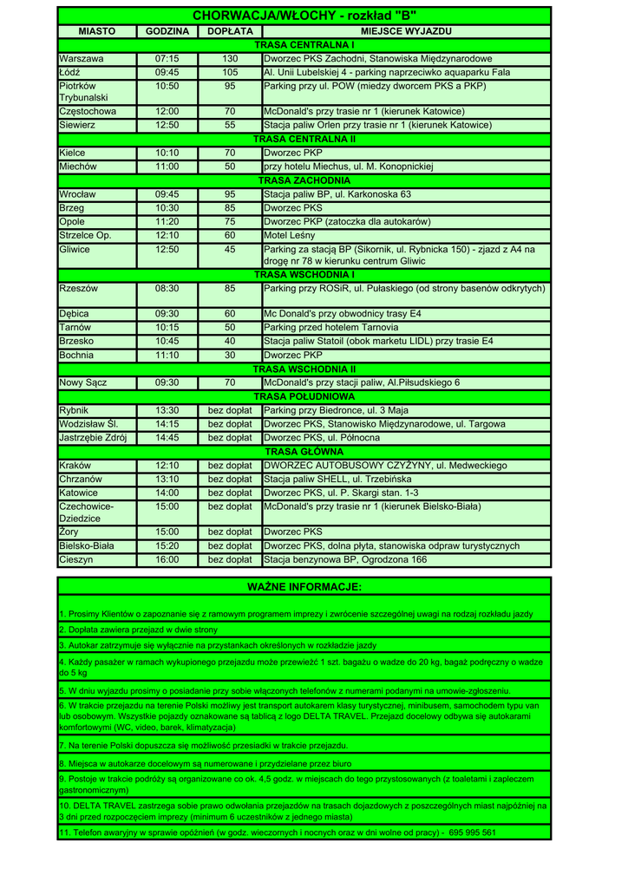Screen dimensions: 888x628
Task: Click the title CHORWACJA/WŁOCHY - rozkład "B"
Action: tap(304, 16)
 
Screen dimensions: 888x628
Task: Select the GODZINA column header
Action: tap(167, 31)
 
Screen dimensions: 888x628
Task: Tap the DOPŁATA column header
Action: tap(230, 31)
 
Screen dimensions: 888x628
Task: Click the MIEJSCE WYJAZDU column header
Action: tap(406, 31)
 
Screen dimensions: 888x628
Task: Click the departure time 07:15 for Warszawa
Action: tap(167, 58)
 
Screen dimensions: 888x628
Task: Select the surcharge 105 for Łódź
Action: tap(230, 73)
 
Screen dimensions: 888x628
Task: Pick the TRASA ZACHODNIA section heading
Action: tap(304, 180)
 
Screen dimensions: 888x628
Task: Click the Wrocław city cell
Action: tap(77, 194)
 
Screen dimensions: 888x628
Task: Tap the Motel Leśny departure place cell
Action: tap(290, 235)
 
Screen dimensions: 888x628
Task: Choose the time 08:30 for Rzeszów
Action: tap(167, 289)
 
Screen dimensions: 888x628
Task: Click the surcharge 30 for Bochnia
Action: tap(230, 356)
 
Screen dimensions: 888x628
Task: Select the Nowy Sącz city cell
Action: tap(82, 382)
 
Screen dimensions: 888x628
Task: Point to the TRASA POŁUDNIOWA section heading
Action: tap(304, 396)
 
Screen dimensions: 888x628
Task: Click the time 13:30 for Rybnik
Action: tap(167, 410)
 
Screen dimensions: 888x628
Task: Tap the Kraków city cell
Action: tap(75, 466)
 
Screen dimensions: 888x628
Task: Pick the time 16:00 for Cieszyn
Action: tap(167, 560)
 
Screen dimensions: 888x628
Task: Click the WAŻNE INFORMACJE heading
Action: tap(304, 588)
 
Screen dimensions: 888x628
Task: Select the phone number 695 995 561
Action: tap(473, 832)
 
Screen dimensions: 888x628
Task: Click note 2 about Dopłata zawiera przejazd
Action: tap(139, 630)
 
